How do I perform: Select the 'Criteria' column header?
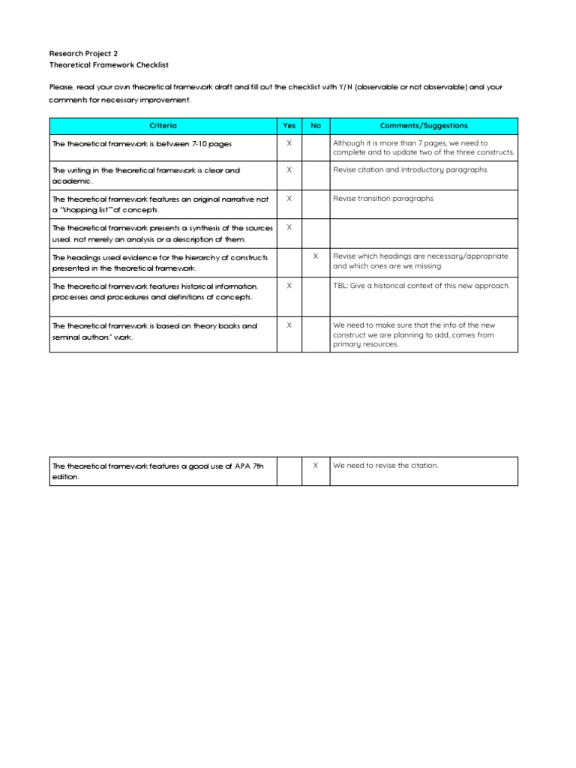[163, 126]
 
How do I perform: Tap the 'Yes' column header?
[289, 126]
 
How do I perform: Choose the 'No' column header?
[316, 126]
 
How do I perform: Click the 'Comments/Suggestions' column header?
[424, 126]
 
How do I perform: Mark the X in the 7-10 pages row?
[289, 143]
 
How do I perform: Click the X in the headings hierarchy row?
[316, 256]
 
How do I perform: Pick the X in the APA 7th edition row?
[316, 466]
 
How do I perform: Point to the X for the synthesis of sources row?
[289, 227]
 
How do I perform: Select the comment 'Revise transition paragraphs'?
[383, 199]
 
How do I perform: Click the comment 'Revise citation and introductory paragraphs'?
[410, 169]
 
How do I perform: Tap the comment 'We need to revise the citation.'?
[385, 466]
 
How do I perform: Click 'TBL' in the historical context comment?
[340, 286]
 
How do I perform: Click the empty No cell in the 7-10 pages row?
[316, 148]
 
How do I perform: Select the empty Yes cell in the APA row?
[289, 471]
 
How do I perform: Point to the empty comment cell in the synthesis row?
[424, 233]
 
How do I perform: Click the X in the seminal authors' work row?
[289, 325]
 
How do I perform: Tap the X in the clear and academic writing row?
[289, 169]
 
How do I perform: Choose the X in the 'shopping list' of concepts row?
[289, 199]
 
